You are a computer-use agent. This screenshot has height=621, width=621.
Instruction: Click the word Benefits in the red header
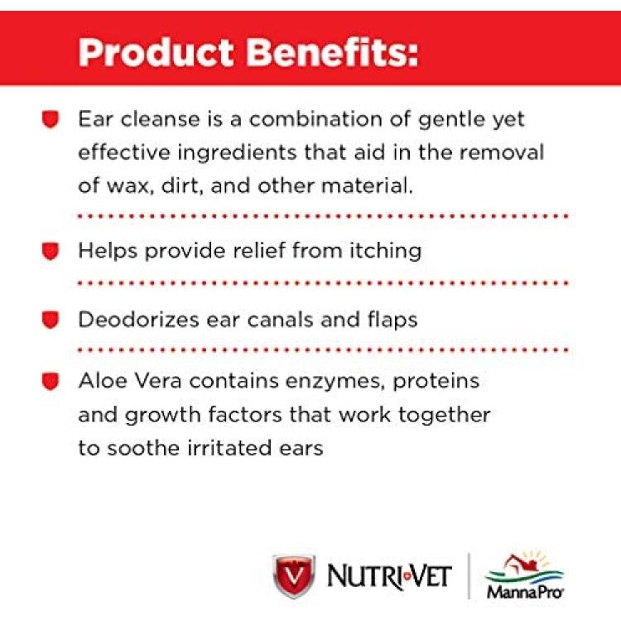pyautogui.click(x=332, y=52)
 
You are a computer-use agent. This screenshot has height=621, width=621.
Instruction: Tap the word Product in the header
pyautogui.click(x=156, y=53)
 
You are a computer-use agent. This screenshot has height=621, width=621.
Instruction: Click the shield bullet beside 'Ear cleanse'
pyautogui.click(x=51, y=119)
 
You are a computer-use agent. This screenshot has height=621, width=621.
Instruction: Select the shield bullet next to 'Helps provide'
pyautogui.click(x=51, y=251)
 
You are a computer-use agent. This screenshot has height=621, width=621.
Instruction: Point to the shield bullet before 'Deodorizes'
pyautogui.click(x=51, y=320)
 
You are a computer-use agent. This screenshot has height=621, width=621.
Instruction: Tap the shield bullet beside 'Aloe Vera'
pyautogui.click(x=51, y=382)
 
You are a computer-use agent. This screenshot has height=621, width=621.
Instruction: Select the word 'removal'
pyautogui.click(x=502, y=152)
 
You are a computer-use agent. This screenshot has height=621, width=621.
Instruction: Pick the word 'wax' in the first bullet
pyautogui.click(x=131, y=185)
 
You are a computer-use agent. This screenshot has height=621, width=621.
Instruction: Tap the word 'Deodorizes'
pyautogui.click(x=138, y=320)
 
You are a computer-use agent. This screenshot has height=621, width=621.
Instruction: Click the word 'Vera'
pyautogui.click(x=158, y=381)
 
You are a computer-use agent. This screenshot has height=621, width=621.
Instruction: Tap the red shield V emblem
pyautogui.click(x=294, y=575)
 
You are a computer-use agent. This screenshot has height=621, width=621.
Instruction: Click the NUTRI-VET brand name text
pyautogui.click(x=389, y=576)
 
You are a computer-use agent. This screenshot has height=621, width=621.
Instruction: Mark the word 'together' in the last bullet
pyautogui.click(x=445, y=416)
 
